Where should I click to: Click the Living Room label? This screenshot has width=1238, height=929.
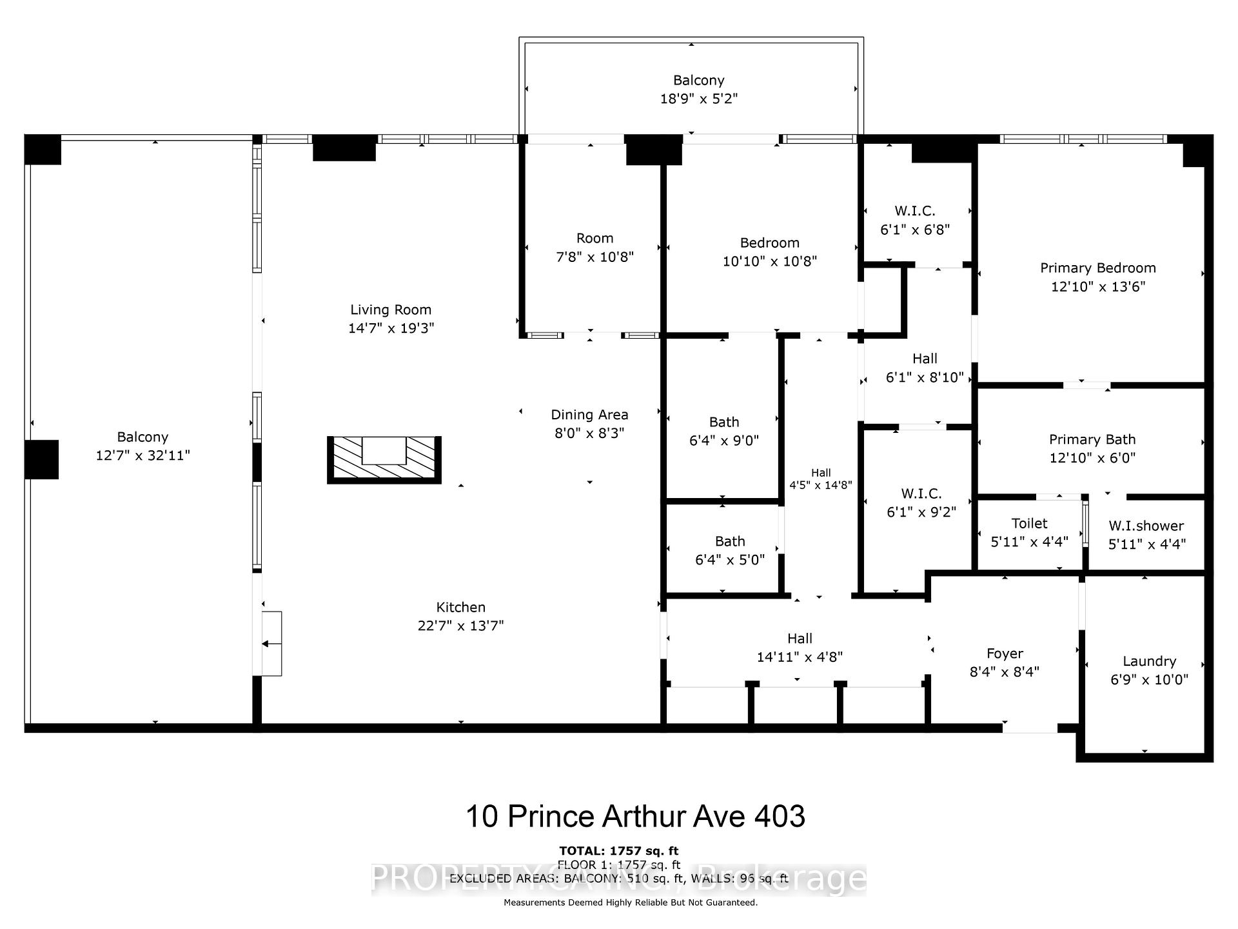[391, 310]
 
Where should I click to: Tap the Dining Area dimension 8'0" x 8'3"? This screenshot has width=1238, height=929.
[589, 433]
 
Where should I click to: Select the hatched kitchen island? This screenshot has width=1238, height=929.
[384, 459]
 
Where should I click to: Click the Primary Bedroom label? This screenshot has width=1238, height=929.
[1097, 268]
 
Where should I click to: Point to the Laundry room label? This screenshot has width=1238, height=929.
[1149, 661]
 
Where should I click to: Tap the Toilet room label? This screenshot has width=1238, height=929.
[1029, 523]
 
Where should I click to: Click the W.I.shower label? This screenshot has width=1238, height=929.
[1146, 526]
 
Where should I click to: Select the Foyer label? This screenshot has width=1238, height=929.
[1005, 654]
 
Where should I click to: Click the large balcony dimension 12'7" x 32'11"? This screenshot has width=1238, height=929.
[142, 455]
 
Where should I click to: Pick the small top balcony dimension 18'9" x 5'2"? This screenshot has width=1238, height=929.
[698, 99]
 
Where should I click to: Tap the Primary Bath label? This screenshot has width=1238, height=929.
[1092, 439]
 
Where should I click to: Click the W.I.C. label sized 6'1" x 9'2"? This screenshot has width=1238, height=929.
[921, 494]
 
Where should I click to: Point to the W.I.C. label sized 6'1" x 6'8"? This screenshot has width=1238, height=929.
[914, 211]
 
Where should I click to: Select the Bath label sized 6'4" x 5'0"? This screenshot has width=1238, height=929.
[729, 541]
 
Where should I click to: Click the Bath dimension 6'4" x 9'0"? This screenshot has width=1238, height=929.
[723, 441]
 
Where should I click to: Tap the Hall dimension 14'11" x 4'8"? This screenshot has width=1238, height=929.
[800, 657]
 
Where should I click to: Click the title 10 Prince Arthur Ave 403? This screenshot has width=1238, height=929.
[635, 816]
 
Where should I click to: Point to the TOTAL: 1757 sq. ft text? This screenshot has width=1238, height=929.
[618, 851]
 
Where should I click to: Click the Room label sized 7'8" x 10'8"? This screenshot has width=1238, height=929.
[594, 238]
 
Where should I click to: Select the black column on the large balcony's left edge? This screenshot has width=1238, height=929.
[42, 459]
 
